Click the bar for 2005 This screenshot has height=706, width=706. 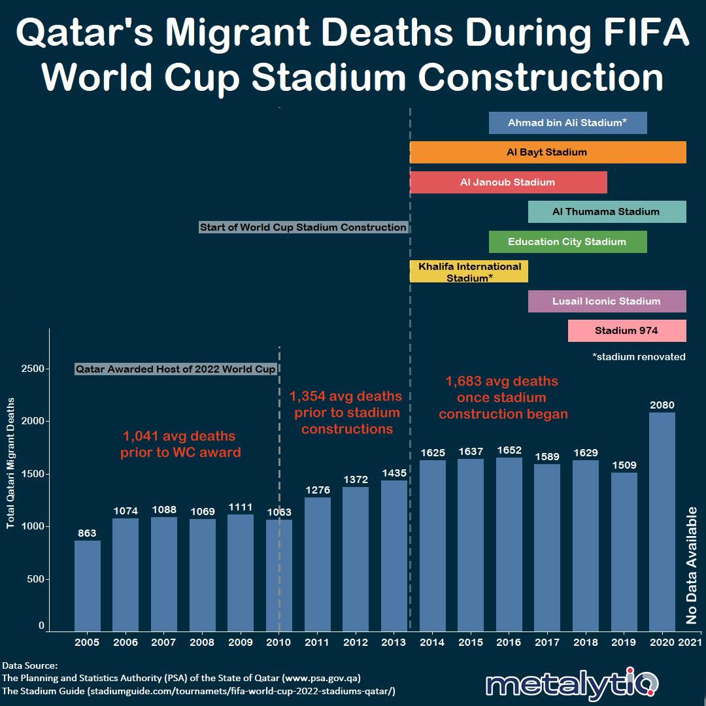(87, 586)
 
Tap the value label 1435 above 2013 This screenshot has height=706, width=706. (394, 473)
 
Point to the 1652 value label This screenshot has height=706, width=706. (509, 450)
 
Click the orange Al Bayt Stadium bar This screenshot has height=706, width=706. (548, 152)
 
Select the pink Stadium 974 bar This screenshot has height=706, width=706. (627, 331)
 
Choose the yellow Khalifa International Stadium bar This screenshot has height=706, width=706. (469, 272)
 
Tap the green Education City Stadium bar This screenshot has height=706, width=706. (567, 242)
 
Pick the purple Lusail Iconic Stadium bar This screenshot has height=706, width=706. (607, 301)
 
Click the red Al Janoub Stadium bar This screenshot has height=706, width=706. (508, 182)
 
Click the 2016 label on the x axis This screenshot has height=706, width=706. (509, 643)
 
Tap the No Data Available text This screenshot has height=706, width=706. (692, 565)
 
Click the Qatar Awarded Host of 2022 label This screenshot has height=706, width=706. (175, 369)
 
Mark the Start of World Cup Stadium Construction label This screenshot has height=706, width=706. (303, 227)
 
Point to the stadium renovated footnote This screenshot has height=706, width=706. (638, 357)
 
